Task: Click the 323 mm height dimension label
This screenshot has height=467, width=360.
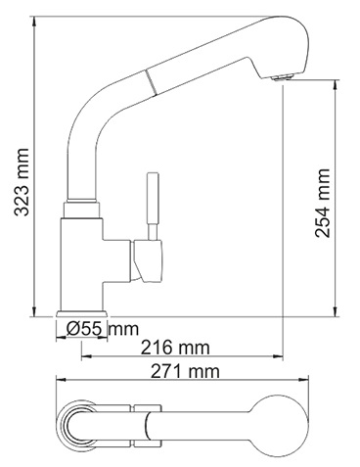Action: pos(22,182)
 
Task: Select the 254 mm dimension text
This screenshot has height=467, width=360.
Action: pos(323,203)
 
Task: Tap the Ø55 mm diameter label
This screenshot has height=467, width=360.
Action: pos(102,329)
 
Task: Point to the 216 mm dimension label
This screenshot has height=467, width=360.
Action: pos(175,348)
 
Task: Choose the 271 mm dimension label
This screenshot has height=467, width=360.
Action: pos(185,371)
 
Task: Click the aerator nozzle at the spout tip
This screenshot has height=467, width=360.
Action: pos(282,77)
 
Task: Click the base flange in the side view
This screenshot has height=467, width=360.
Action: pos(82,313)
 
